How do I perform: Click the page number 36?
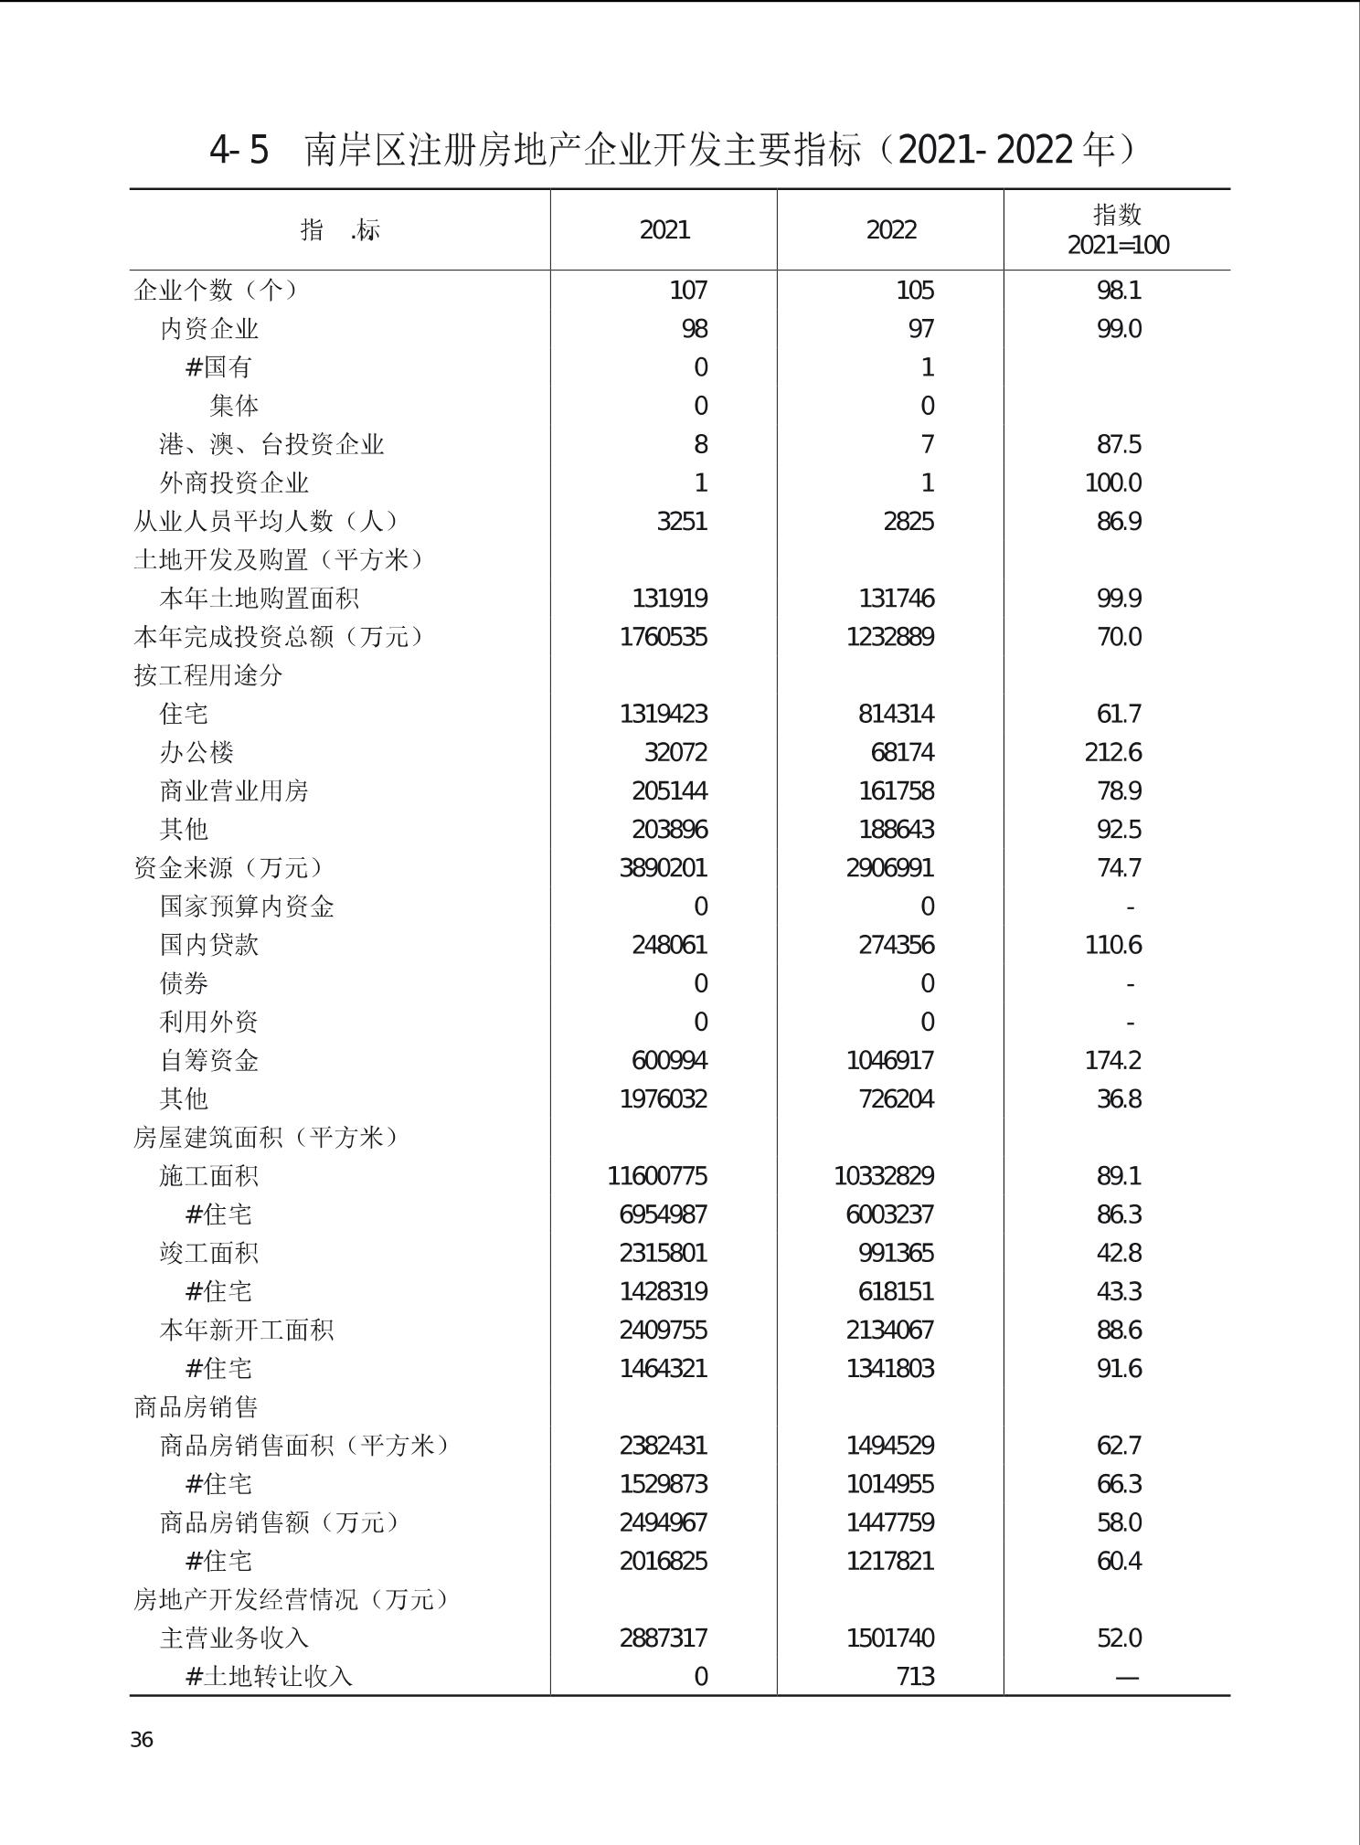pyautogui.click(x=142, y=1739)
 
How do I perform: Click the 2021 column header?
pyautogui.click(x=664, y=229)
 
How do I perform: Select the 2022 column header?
pyautogui.click(x=891, y=229)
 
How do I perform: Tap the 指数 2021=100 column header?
pyautogui.click(x=1118, y=229)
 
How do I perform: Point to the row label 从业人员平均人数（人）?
pyautogui.click(x=267, y=521)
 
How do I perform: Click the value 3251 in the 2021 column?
pyautogui.click(x=682, y=521)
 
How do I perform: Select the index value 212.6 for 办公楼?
pyautogui.click(x=1112, y=752)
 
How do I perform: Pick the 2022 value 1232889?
pyautogui.click(x=890, y=637)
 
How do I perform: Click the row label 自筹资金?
pyautogui.click(x=209, y=1060)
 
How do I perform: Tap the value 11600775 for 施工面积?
pyautogui.click(x=657, y=1175)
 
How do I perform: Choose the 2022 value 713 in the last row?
pyautogui.click(x=915, y=1676)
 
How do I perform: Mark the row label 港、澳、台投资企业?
pyautogui.click(x=271, y=444)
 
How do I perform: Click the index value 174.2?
pyautogui.click(x=1112, y=1060)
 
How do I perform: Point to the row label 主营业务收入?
pyautogui.click(x=234, y=1638)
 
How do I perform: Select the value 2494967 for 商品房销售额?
pyautogui.click(x=664, y=1522)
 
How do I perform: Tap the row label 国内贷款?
pyautogui.click(x=209, y=945)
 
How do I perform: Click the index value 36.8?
pyautogui.click(x=1119, y=1098)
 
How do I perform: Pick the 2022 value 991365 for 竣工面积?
pyautogui.click(x=896, y=1253)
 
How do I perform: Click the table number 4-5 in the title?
pyautogui.click(x=239, y=150)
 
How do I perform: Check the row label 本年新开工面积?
pyautogui.click(x=247, y=1330)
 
